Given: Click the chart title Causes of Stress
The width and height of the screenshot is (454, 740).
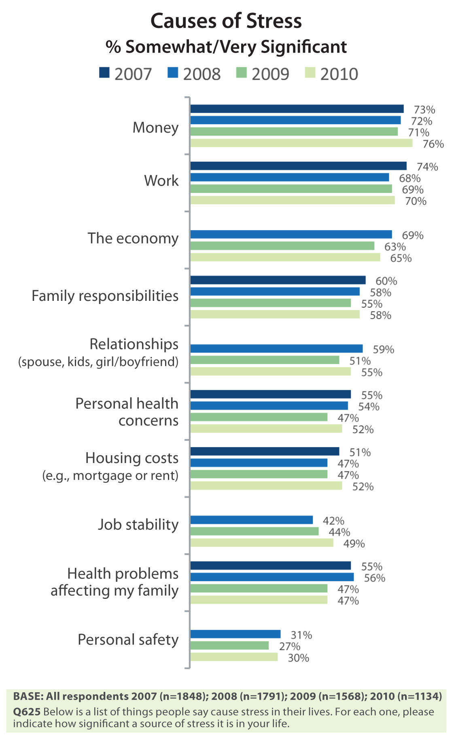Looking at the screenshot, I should [x=226, y=21].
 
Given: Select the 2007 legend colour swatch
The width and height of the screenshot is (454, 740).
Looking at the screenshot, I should [x=104, y=73].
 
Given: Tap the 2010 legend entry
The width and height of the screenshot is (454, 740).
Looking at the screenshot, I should [x=331, y=74].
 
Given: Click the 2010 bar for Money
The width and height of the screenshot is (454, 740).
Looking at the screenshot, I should [x=301, y=143].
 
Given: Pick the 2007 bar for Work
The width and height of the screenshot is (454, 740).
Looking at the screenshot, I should [x=298, y=166].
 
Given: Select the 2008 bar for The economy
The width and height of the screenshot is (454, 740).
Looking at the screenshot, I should [x=291, y=235].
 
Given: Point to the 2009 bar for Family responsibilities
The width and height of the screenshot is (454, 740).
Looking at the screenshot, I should [x=270, y=303].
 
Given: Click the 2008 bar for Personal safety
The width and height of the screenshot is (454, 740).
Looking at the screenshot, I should [x=235, y=634].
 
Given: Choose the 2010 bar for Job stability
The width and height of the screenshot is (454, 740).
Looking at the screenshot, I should [x=261, y=543].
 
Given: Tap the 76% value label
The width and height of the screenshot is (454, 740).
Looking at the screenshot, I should [x=433, y=144].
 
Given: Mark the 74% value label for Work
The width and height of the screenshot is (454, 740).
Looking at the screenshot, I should [x=427, y=167].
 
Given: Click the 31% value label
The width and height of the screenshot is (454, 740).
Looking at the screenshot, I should [x=301, y=635].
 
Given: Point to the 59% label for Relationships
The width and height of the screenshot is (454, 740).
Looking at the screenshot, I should [x=383, y=349].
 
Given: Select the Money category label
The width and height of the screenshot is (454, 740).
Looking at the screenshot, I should [x=155, y=128].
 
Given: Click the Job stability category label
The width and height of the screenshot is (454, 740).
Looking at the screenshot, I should [x=138, y=524].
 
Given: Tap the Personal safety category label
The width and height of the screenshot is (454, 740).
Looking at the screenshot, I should [x=128, y=640].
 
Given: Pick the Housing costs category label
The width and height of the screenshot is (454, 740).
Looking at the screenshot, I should [x=132, y=458].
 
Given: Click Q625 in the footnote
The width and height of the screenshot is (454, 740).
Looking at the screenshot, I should [x=27, y=712].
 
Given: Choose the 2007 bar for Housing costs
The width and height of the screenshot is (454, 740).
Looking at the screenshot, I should [x=265, y=451].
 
